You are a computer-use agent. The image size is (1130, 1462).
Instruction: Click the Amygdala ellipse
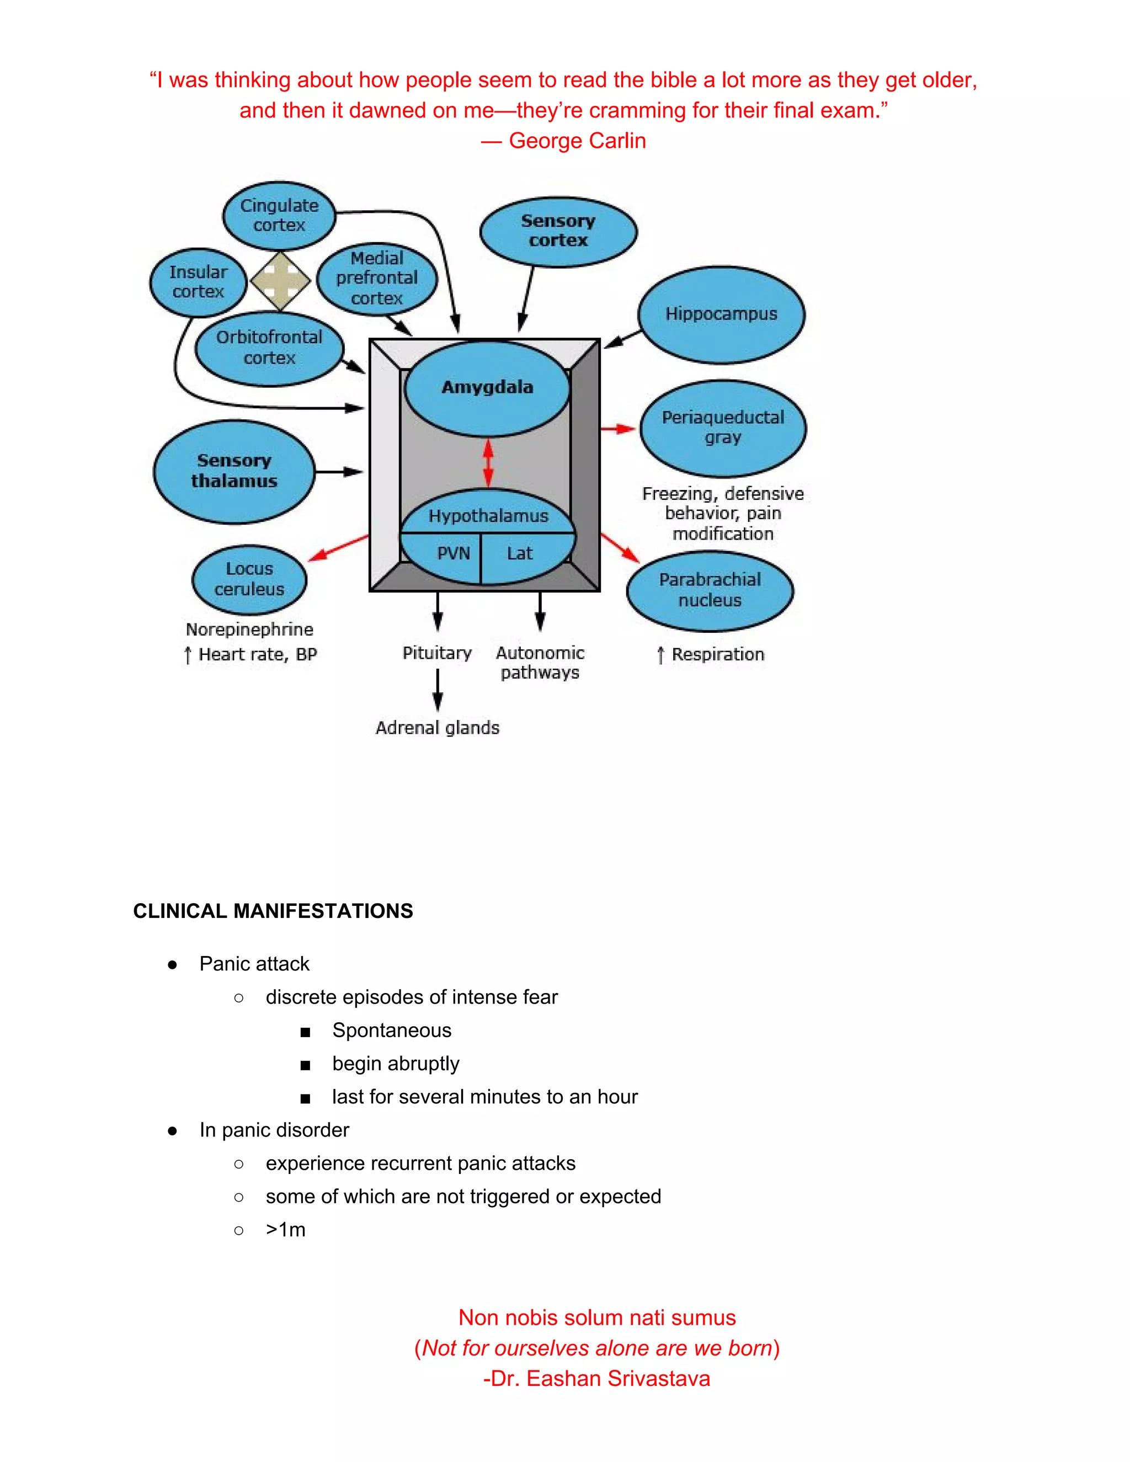point(487,388)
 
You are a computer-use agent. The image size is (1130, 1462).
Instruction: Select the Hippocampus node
point(721,314)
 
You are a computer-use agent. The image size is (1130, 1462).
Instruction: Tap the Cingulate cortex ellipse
point(279,216)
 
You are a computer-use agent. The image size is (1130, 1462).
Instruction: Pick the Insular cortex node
point(198,282)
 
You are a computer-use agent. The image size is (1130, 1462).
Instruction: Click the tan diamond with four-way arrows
point(280,281)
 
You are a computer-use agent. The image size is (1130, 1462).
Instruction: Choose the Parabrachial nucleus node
point(710,590)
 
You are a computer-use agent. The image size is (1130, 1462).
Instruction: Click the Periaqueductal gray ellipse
point(722,428)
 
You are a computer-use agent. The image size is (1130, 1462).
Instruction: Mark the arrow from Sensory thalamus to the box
point(339,472)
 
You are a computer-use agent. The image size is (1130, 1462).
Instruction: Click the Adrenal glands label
point(437,728)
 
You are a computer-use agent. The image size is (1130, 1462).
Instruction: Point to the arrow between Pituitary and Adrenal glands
point(438,690)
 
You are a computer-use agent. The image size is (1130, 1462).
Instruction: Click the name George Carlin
point(577,141)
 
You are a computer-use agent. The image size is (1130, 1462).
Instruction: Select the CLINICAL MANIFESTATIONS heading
point(273,911)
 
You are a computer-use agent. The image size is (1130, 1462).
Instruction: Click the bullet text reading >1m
point(285,1230)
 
